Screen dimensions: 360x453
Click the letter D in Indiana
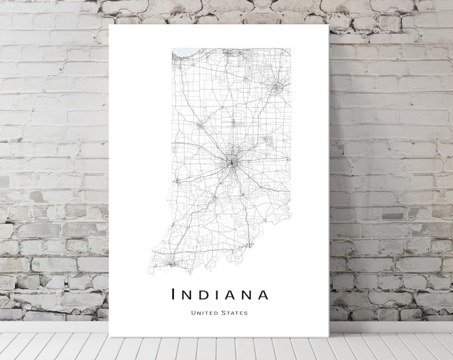205,293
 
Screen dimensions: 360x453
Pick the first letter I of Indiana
174,293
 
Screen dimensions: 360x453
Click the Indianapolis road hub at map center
231,161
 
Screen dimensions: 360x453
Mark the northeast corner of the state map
290,49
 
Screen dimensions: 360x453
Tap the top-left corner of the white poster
109,26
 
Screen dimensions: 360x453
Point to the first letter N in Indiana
188,293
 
